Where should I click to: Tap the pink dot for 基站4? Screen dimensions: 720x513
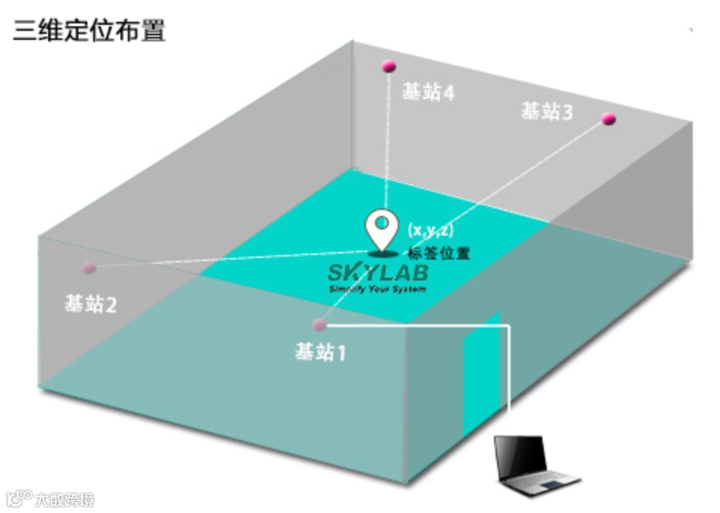[389, 66]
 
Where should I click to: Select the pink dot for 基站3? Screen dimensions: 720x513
[609, 118]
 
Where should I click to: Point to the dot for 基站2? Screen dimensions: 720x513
[89, 267]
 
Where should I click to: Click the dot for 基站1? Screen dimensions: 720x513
[319, 325]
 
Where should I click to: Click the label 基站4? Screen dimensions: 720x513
[428, 93]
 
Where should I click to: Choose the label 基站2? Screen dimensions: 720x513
[90, 304]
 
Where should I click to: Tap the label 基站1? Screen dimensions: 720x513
[321, 351]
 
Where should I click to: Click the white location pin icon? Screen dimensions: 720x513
[383, 228]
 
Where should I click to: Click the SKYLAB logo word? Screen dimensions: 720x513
[377, 272]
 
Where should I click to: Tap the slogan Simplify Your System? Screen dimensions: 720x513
[377, 289]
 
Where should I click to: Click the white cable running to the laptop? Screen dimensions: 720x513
[510, 376]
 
